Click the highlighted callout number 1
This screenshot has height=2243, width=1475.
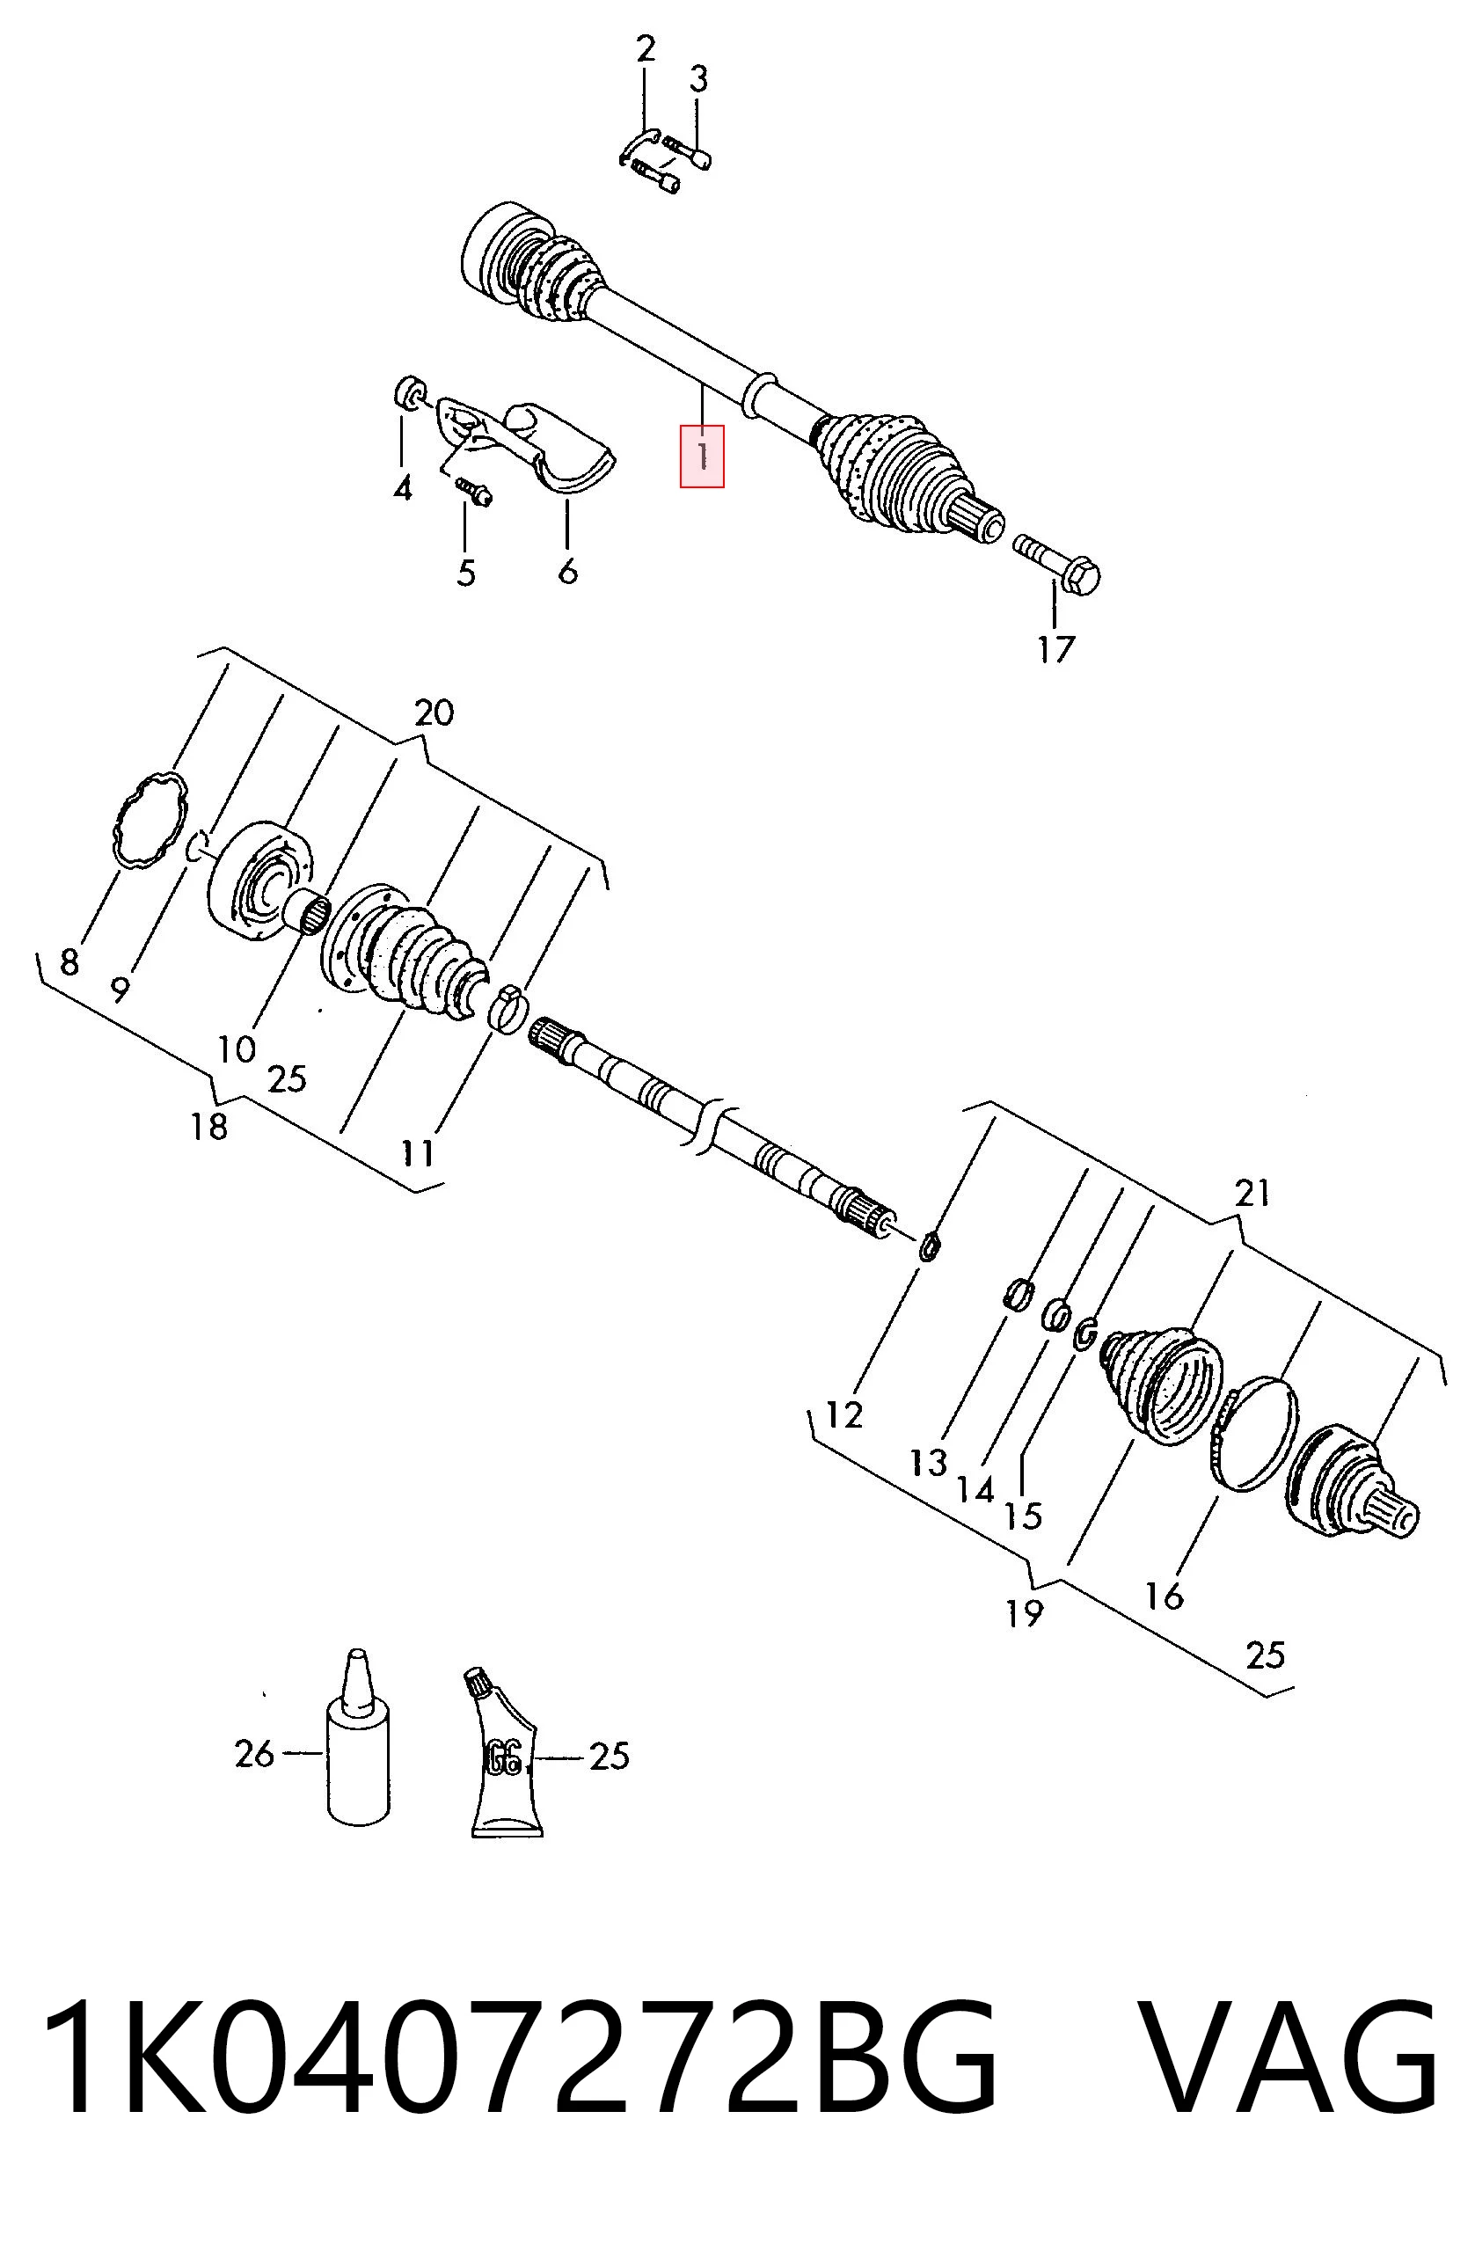702,457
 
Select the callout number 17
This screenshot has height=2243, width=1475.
1055,649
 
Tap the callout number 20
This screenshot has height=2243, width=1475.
434,712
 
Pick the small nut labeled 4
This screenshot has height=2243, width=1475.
408,393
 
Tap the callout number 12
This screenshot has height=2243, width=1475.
843,1414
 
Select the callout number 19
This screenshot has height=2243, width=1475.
1025,1613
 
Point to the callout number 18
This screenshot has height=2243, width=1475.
208,1126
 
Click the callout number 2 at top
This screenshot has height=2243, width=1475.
645,48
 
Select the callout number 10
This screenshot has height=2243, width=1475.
237,1048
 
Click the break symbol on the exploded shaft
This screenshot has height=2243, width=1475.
703,1124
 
